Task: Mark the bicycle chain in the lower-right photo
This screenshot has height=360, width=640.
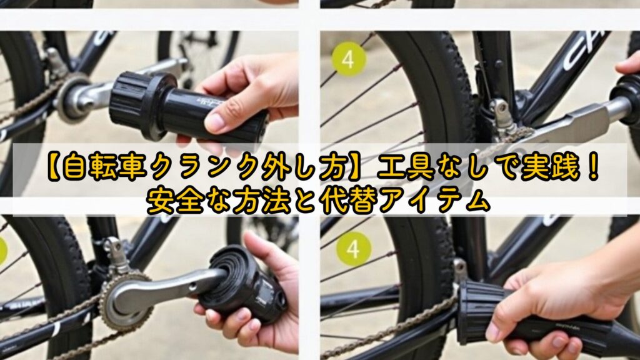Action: pyautogui.click(x=400, y=322)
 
